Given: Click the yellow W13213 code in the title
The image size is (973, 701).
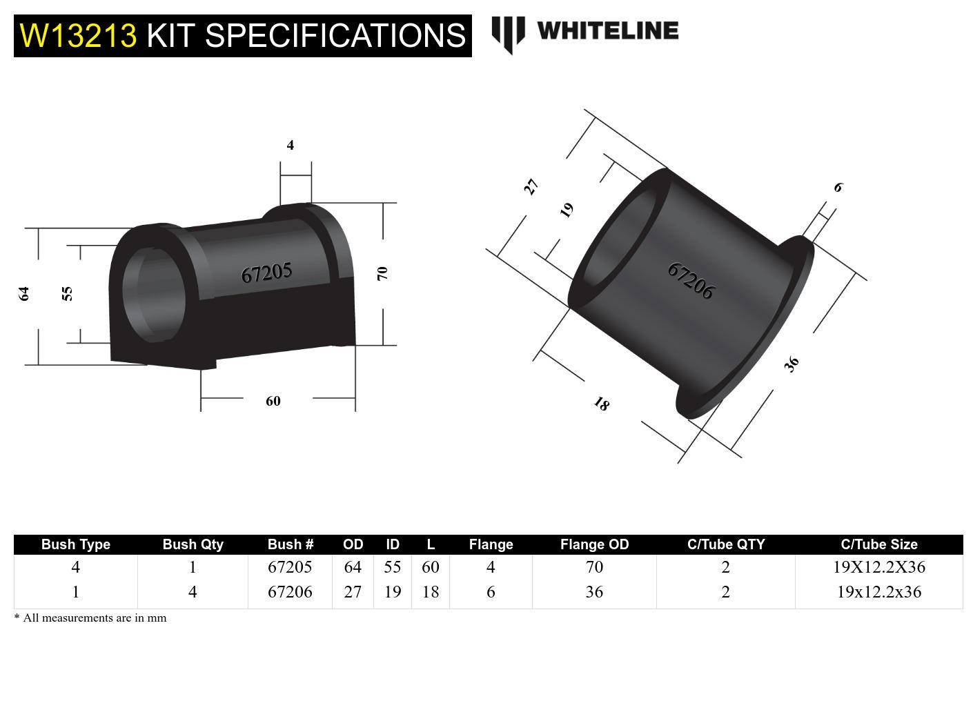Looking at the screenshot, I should coord(79,35).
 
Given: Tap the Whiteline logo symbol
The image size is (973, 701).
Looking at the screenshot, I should coord(508,34).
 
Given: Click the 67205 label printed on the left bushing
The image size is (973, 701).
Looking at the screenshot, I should coord(266,273).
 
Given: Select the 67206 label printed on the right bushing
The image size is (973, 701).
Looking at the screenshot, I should coord(690,281).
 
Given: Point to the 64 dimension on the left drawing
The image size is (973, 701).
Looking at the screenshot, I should coord(24,294).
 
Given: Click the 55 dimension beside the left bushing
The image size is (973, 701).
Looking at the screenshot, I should coord(67,294).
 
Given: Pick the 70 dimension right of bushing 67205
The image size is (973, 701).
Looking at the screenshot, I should coord(382,273).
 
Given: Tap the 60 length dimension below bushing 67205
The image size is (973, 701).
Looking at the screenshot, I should coord(273,401).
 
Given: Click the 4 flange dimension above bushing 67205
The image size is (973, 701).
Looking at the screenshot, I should coord(291,145).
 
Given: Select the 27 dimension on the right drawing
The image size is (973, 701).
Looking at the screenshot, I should coord(530,187).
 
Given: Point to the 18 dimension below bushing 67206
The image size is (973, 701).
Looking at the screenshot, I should coord(602,404).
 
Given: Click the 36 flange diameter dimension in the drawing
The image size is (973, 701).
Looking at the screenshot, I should coord(792,364).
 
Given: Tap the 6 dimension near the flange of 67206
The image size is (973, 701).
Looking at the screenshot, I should coord(838,187).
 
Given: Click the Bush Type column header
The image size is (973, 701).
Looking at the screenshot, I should coord(76,544).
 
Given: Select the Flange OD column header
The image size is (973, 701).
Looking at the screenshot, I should coord(594,544).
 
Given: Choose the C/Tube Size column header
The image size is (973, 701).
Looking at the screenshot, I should coord(878,544).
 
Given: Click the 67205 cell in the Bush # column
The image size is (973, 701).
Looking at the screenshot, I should coord(290,567).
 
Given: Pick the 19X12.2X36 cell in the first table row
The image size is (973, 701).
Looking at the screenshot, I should coord(878,567).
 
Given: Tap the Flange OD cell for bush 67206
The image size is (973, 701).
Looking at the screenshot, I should coord(594,592).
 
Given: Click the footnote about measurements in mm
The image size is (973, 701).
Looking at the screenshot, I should coord(90,618).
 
